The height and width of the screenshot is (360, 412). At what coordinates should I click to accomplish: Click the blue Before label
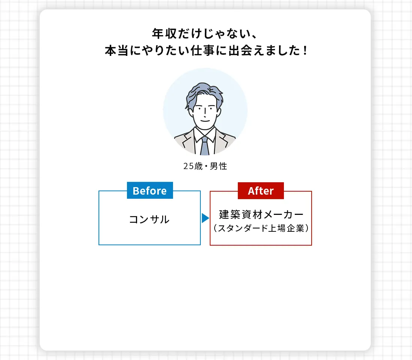(x=150, y=190)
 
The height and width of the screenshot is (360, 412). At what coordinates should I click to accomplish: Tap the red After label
(x=261, y=190)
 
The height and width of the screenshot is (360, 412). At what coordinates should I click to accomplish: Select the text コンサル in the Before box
(x=149, y=219)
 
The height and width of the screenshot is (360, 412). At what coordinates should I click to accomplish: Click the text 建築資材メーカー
(x=261, y=214)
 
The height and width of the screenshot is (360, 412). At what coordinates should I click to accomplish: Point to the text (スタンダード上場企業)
(x=261, y=228)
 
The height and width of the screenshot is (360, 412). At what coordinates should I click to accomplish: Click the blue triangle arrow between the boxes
(x=205, y=218)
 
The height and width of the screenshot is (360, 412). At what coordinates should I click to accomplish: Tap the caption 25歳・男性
(x=205, y=166)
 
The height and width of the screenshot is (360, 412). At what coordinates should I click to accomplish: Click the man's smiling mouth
(x=205, y=120)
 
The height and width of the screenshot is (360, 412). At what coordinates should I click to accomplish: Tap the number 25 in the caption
(x=188, y=166)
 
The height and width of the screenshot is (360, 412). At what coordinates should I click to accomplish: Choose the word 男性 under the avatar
(x=218, y=166)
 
